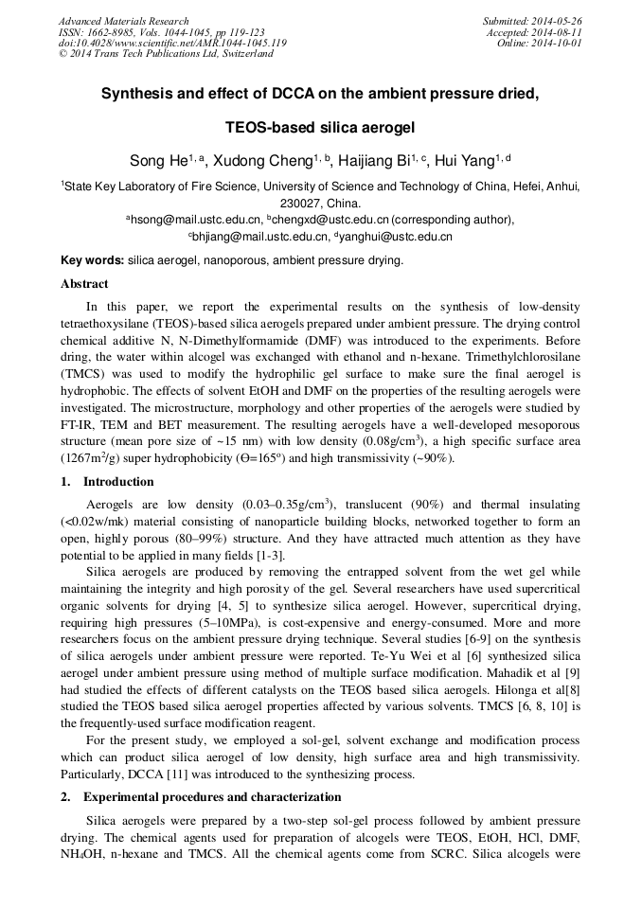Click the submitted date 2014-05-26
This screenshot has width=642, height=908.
tap(559, 21)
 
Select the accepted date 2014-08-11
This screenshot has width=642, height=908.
tap(559, 32)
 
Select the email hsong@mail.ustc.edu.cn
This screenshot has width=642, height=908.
tap(197, 219)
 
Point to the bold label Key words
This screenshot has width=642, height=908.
tap(92, 259)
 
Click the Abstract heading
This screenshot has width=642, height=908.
tap(84, 283)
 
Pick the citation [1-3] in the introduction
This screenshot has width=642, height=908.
tap(268, 556)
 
